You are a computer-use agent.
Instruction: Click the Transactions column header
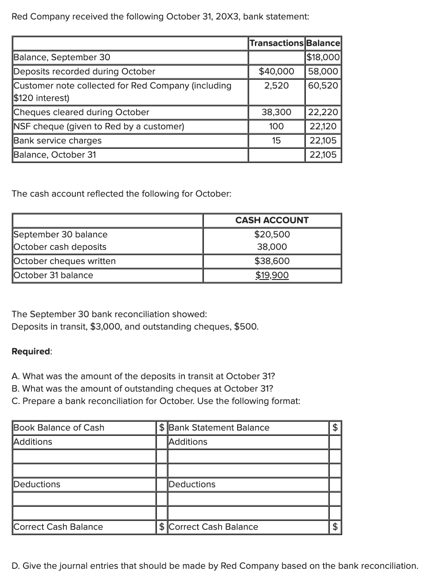276,43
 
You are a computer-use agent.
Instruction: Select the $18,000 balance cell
323,57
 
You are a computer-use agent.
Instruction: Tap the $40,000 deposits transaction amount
276,71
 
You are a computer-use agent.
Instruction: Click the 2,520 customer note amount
276,85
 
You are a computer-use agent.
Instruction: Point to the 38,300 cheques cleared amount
276,112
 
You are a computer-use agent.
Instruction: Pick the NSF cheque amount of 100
276,126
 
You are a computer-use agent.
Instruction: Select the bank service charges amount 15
276,140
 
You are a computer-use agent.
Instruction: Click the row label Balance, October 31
55,155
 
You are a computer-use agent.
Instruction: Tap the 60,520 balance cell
323,85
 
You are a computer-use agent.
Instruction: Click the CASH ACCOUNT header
272,220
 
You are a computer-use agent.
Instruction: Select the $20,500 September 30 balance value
272,234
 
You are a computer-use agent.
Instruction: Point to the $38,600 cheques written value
272,261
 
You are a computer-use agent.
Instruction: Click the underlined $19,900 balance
272,275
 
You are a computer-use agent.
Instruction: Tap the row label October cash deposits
60,247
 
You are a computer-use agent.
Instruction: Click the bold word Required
31,351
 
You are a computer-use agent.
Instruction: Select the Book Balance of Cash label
59,427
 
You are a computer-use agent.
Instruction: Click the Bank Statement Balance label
219,427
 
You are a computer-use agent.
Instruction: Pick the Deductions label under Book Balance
37,484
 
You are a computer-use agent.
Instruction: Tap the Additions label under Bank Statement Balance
188,442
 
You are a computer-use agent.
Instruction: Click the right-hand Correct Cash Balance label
213,527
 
